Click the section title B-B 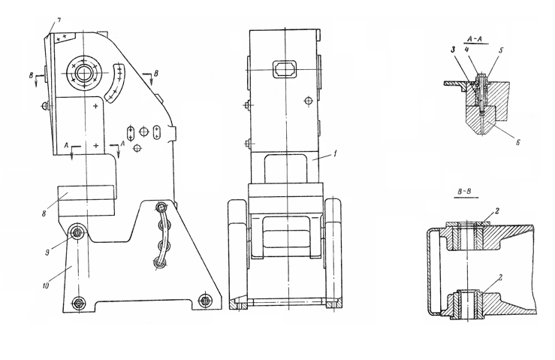464,192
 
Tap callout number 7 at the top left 59,20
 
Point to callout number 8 44,213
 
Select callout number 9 47,253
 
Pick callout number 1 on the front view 334,153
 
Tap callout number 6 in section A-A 517,143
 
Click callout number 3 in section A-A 453,50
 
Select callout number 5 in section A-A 501,50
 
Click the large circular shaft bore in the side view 84,74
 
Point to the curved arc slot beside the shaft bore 116,83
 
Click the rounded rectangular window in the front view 284,68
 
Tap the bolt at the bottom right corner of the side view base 204,301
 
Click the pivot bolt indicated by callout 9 77,232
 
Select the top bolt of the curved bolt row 161,207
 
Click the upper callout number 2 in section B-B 497,211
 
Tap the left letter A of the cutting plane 66,145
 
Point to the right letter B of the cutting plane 156,74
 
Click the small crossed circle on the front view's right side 309,101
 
